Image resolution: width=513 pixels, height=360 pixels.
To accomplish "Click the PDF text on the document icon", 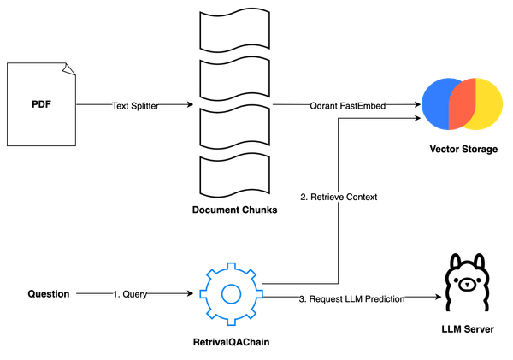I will pyautogui.click(x=39, y=104).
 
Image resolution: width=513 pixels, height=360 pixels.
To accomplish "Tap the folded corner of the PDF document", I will pyautogui.click(x=68, y=68).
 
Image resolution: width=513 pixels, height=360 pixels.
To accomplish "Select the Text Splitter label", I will pyautogui.click(x=137, y=106).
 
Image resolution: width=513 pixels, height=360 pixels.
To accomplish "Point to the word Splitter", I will pyautogui.click(x=146, y=106).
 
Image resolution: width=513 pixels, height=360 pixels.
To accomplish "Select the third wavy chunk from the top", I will pyautogui.click(x=233, y=128).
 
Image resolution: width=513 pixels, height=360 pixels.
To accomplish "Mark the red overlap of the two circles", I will pyautogui.click(x=462, y=103).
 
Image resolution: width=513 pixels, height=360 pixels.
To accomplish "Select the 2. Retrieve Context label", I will pyautogui.click(x=339, y=198).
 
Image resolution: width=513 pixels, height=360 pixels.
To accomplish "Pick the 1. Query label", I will pyautogui.click(x=130, y=293).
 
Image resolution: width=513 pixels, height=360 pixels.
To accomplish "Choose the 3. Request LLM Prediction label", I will pyautogui.click(x=351, y=299).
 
